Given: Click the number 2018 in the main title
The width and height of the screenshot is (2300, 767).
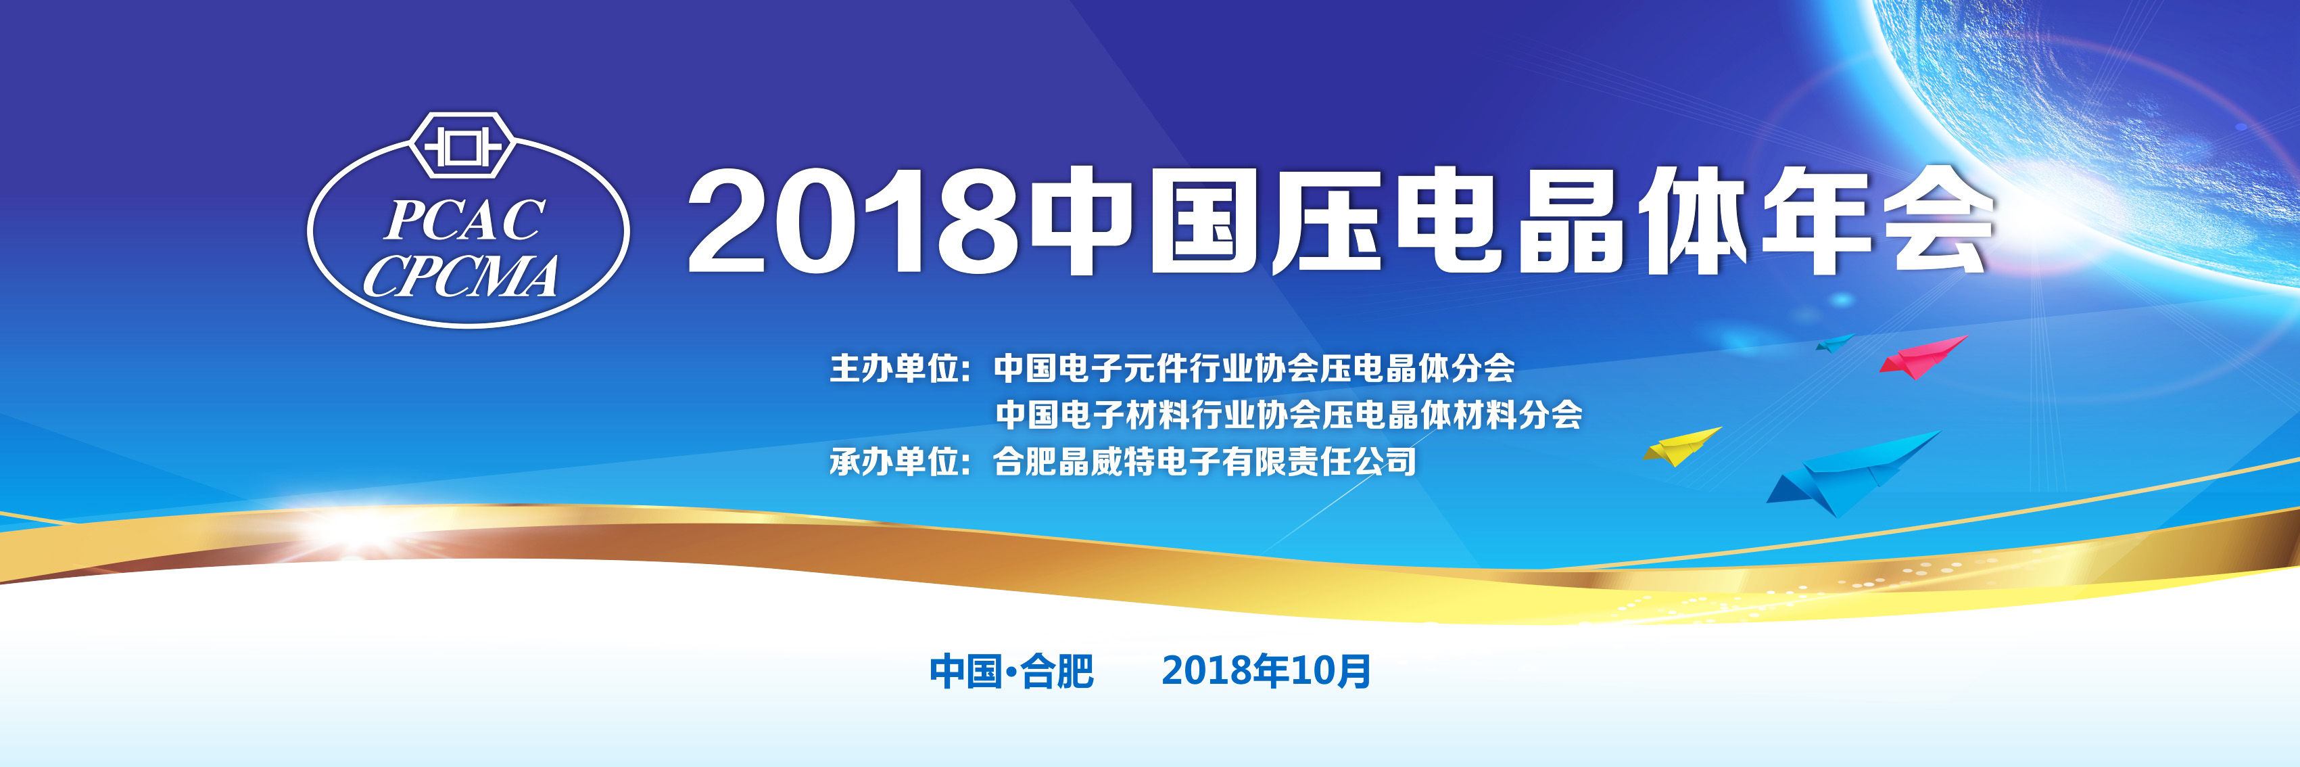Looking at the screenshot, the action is [853, 220].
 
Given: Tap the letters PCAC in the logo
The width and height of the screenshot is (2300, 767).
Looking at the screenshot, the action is [464, 220].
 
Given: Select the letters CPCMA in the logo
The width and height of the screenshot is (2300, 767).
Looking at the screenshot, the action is [460, 276].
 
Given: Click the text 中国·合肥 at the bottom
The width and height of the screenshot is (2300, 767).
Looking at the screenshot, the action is [1011, 672].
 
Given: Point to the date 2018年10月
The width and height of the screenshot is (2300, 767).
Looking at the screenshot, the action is [1266, 672].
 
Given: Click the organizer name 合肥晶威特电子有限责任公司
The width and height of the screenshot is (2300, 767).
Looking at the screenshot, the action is [1205, 462].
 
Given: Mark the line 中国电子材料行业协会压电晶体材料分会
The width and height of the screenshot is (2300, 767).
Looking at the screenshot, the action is [1289, 415].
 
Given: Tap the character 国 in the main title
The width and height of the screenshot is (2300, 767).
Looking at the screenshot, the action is [1205, 220].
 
